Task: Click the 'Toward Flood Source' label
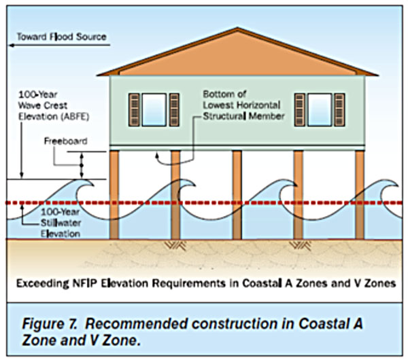62,37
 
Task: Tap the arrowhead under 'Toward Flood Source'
12,46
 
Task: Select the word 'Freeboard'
65,141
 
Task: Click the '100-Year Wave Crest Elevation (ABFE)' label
54,105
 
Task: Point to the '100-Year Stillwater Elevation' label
61,223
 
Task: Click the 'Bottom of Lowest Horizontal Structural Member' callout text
243,105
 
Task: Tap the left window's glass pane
154,109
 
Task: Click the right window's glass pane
320,109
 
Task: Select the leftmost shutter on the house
134,109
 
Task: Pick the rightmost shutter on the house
339,109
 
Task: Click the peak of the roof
237,28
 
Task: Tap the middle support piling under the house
237,195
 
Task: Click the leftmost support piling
114,195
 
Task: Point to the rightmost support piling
360,195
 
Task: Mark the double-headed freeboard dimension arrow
82,165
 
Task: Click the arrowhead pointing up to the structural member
157,156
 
